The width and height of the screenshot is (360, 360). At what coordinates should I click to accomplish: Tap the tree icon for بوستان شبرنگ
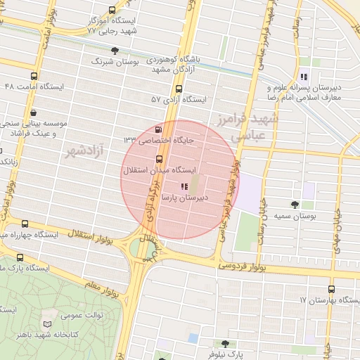pos(115,50)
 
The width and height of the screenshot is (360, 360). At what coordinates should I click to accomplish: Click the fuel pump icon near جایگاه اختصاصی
pos(157,129)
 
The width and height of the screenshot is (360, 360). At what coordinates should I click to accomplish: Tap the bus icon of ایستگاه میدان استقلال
pos(159,159)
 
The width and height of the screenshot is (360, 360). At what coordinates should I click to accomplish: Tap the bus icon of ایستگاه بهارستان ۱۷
pos(331,288)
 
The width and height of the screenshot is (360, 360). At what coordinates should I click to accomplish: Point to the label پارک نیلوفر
pos(224,355)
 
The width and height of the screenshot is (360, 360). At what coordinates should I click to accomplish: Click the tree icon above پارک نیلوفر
pos(224,344)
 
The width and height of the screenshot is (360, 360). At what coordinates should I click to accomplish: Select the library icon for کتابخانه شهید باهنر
pos(48,323)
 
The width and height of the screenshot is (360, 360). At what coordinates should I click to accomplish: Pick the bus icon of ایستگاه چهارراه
pos(25,223)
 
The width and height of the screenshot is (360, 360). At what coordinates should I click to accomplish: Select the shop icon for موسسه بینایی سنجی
pos(34,112)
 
